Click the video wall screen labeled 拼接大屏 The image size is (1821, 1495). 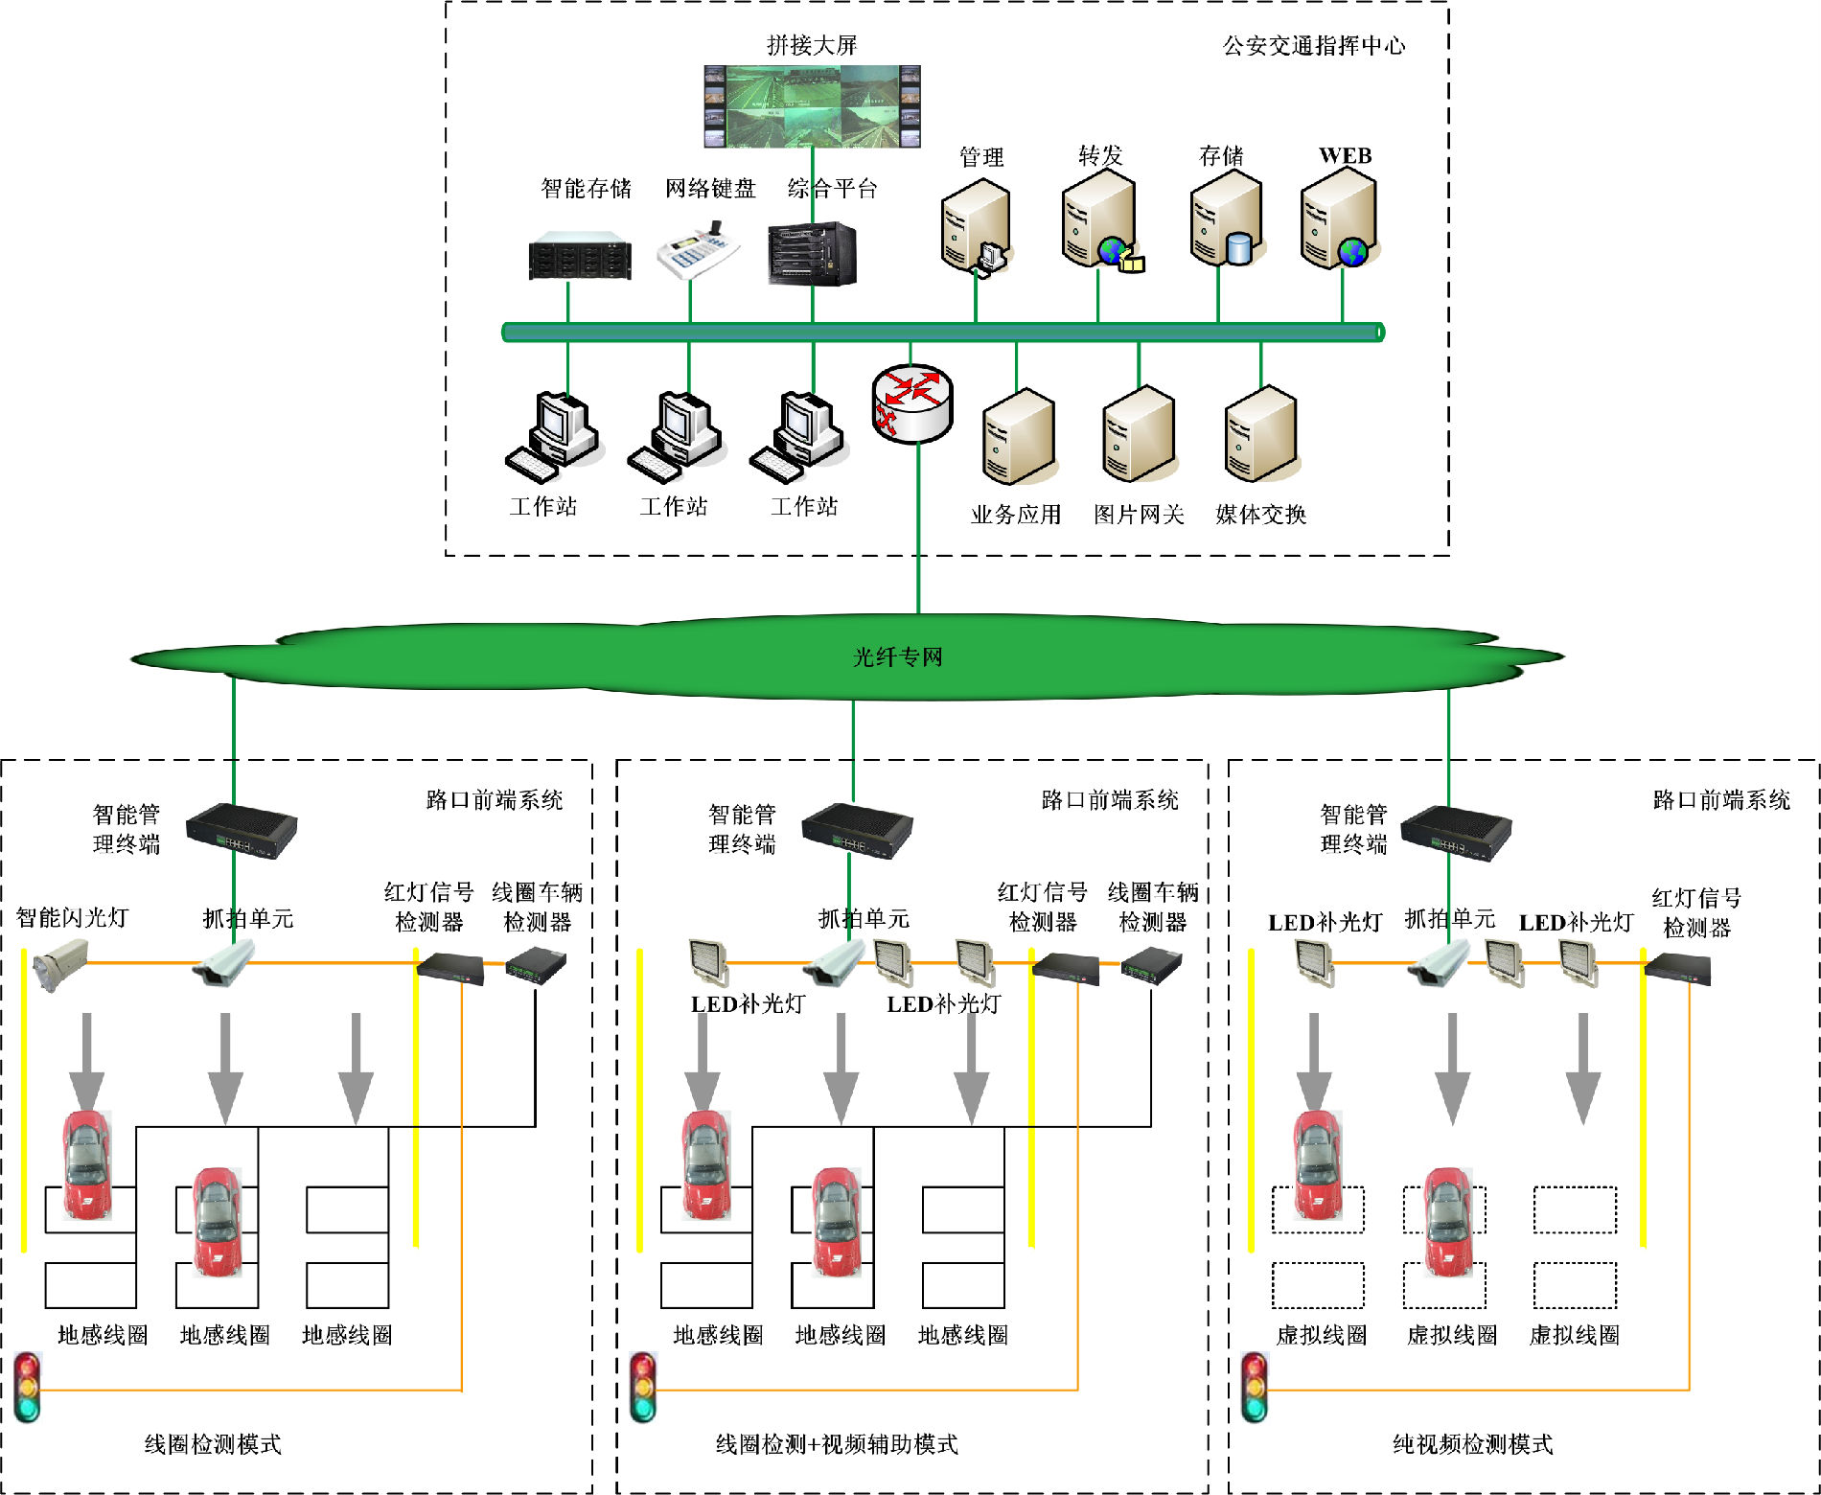812,106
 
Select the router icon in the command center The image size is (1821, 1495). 912,402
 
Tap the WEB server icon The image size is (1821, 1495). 1340,224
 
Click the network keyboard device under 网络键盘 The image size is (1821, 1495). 698,252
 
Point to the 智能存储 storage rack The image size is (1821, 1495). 580,256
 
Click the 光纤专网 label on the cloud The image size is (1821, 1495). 898,657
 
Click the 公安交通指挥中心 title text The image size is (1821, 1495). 1314,46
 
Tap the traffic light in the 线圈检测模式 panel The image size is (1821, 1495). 28,1387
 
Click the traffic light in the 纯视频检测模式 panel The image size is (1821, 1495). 1255,1387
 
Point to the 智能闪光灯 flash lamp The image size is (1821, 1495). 60,964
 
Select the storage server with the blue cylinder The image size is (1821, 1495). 1227,224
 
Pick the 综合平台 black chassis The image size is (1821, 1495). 812,254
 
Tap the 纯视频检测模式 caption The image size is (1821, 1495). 1472,1444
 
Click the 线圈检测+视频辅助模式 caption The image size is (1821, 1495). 837,1444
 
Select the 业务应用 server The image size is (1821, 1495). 1018,437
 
